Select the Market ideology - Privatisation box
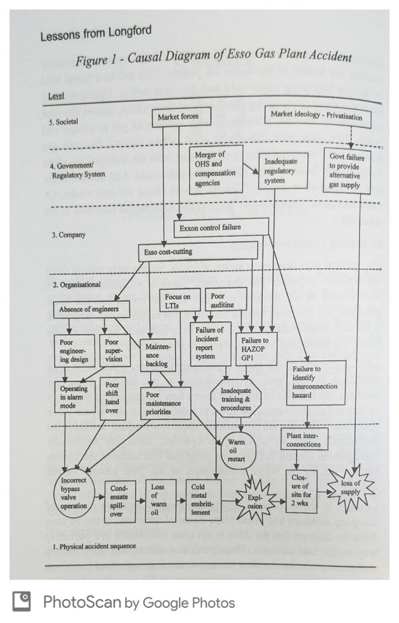316,116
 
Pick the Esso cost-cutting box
174,251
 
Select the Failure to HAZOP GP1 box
255,346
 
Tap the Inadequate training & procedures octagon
235,399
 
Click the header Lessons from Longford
95,33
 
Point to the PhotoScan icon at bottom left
21,602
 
